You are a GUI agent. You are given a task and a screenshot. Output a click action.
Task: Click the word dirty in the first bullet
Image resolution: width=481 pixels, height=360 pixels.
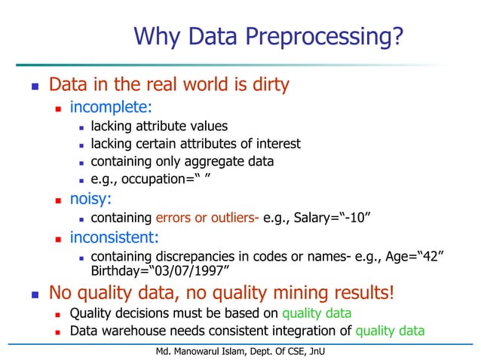click(x=265, y=84)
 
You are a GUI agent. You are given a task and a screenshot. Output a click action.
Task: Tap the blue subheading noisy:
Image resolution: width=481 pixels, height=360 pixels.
click(x=93, y=199)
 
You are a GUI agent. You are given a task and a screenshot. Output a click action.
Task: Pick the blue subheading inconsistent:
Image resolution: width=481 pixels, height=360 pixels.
click(x=115, y=237)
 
